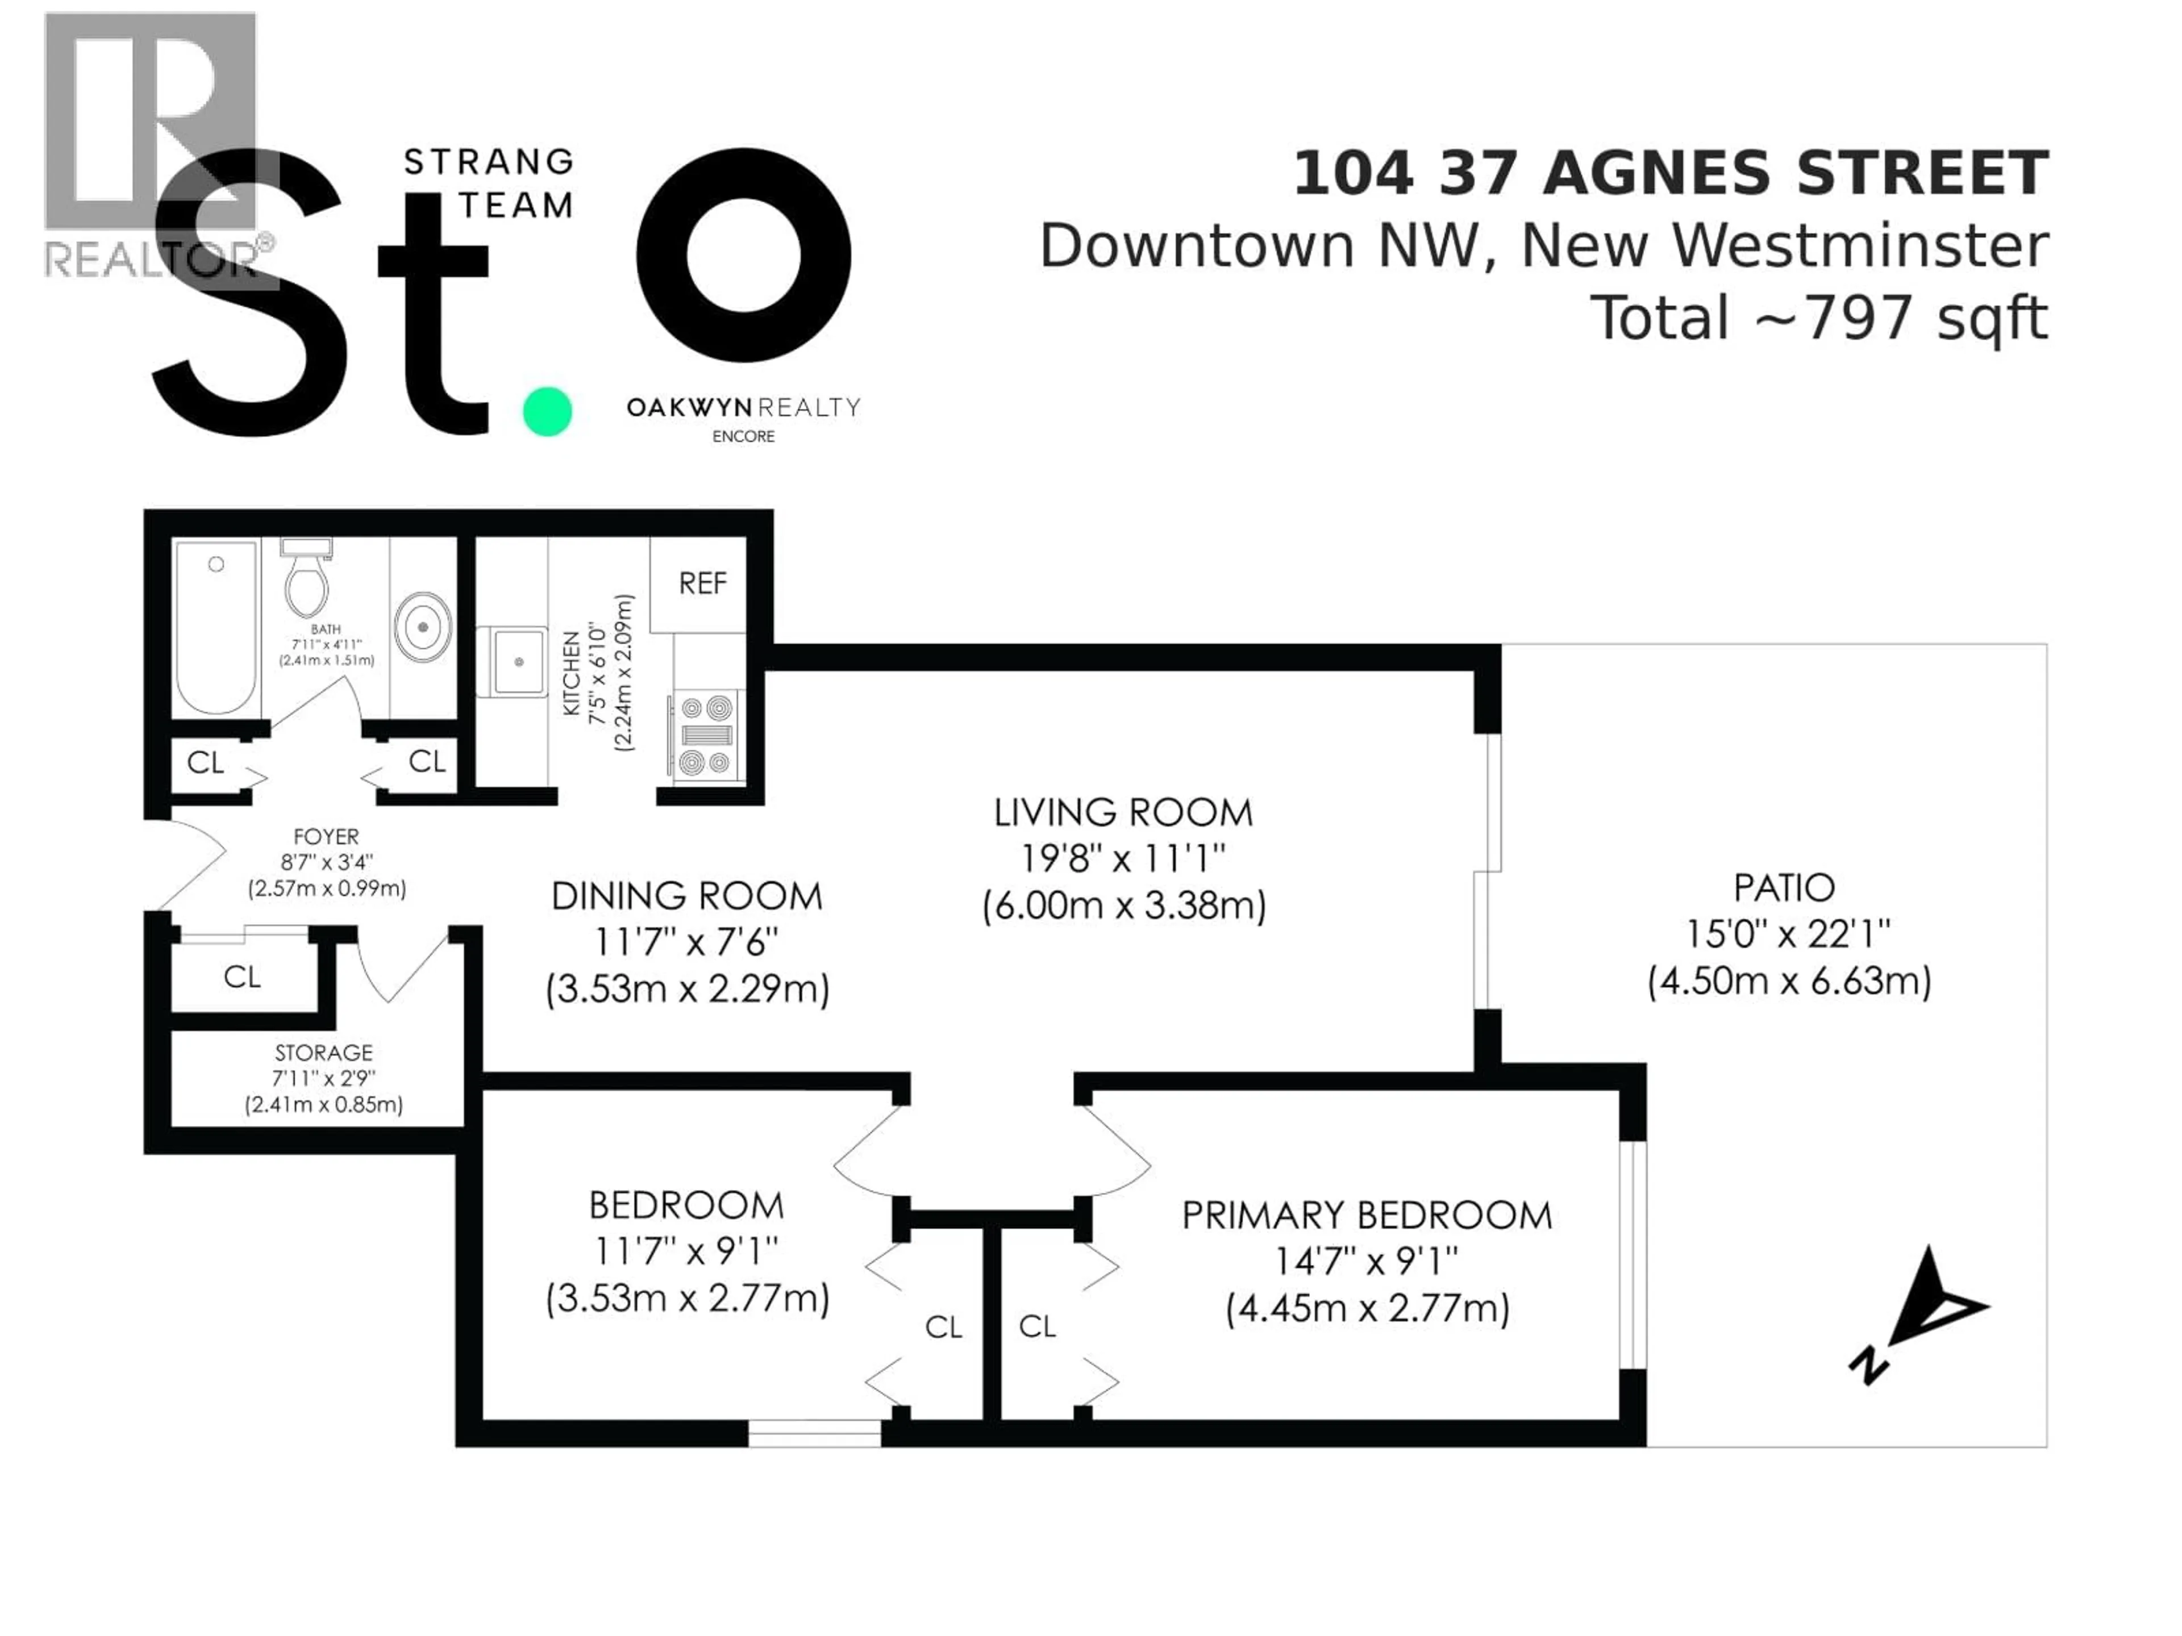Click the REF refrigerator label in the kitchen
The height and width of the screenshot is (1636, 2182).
click(x=702, y=584)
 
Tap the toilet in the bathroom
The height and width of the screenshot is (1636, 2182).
click(x=306, y=582)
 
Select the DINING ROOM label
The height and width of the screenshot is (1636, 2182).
click(x=686, y=896)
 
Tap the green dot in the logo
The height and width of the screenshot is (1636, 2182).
click(x=547, y=411)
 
